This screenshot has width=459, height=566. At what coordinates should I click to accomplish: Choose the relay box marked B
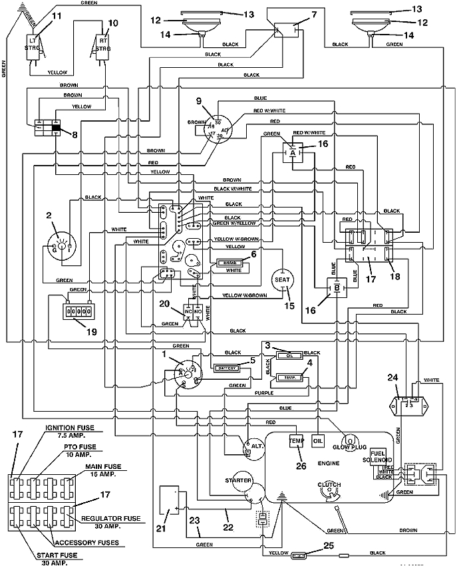[336, 289]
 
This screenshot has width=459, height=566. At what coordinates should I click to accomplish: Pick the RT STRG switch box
[103, 47]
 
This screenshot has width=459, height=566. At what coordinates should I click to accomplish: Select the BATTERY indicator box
[224, 367]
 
